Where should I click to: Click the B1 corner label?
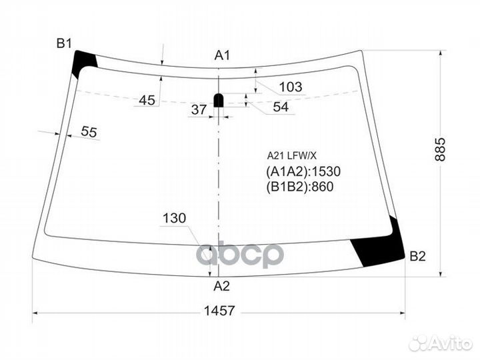coord(63,44)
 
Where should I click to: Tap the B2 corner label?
coord(417,256)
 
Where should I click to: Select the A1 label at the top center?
coord(222,56)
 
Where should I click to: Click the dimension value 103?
coord(290,87)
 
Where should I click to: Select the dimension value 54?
coord(281,107)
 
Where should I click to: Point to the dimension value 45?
coord(147,100)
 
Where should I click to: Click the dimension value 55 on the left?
coord(89,131)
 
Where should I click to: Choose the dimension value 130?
coord(173,218)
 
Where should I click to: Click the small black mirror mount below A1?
coord(218,101)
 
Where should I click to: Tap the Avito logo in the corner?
coord(441,343)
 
